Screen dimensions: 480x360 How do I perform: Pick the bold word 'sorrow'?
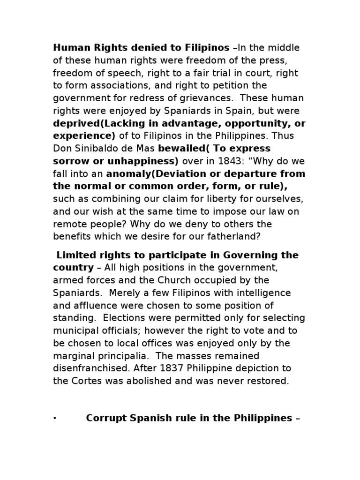pyautogui.click(x=69, y=161)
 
